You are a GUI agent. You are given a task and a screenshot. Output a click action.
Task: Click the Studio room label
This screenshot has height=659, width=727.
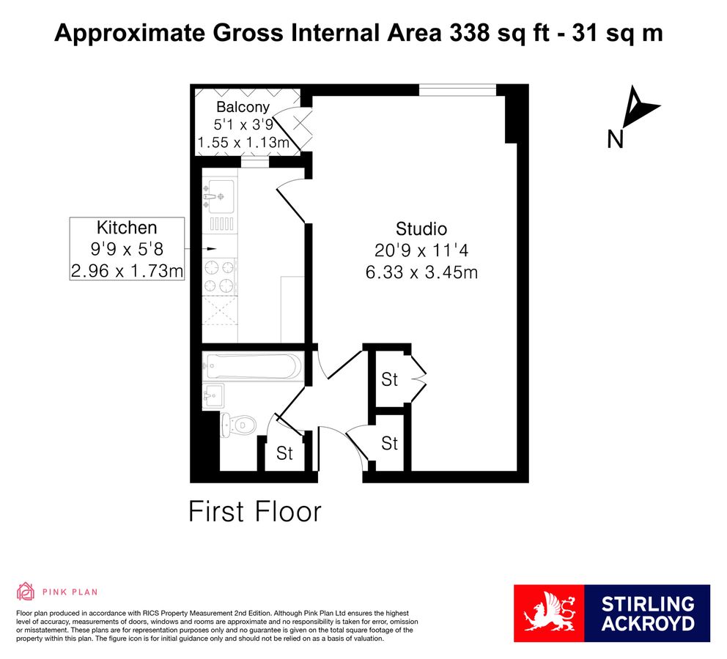[421, 228]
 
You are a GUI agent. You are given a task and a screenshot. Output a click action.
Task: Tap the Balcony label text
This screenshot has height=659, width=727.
[243, 107]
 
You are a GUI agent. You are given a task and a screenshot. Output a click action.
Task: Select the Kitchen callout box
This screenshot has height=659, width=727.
[127, 249]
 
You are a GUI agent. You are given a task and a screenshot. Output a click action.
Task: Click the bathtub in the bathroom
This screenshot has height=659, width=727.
[253, 366]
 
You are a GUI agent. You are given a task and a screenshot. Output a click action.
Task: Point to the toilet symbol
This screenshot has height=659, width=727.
[238, 425]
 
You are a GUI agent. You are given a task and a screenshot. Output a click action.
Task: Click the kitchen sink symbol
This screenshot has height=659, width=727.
[218, 196]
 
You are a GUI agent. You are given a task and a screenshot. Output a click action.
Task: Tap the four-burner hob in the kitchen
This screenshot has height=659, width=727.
[220, 277]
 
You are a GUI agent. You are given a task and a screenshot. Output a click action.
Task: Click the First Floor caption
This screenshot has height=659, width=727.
[254, 512]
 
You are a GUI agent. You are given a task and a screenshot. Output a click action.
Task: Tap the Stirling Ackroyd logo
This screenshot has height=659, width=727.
[611, 613]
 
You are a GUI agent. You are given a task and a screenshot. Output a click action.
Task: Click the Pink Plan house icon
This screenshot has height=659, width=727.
[26, 592]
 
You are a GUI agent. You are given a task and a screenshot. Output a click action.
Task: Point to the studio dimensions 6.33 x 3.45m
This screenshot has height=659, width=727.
[421, 272]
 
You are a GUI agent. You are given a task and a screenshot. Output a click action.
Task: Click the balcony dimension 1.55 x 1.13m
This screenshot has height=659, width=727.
[244, 142]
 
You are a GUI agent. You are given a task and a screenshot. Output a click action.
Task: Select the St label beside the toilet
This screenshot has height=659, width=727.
[284, 453]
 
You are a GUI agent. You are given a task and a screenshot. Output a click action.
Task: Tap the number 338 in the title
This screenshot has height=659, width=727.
[470, 33]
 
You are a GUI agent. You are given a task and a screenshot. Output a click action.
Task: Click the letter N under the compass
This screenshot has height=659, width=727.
[616, 139]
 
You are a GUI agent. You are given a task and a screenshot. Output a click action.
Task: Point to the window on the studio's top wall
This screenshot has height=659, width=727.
[457, 90]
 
